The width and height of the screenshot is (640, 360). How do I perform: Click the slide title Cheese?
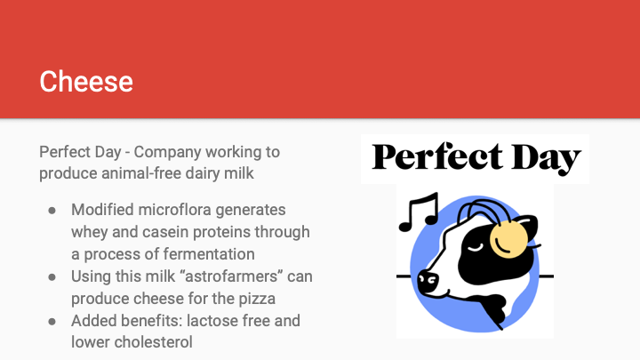tap(86, 81)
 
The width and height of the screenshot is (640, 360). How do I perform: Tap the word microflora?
tap(174, 210)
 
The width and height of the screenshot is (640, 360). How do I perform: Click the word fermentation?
tap(210, 254)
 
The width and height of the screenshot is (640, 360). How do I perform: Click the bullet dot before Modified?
tap(52, 211)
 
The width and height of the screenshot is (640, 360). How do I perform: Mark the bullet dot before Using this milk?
tap(52, 277)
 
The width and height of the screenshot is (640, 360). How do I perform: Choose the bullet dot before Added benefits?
tap(52, 322)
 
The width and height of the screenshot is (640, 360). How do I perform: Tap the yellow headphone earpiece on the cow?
tap(508, 239)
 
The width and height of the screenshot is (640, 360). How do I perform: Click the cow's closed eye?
tap(475, 247)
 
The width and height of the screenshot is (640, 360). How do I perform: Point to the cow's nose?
tap(428, 282)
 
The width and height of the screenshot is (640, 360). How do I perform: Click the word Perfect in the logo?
tap(437, 157)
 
